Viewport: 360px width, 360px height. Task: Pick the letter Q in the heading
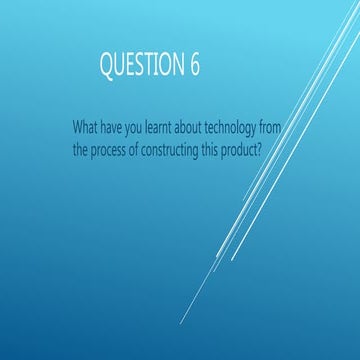click(x=106, y=66)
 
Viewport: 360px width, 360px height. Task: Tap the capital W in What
click(x=78, y=129)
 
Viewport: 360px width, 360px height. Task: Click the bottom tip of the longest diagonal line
click(x=181, y=324)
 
